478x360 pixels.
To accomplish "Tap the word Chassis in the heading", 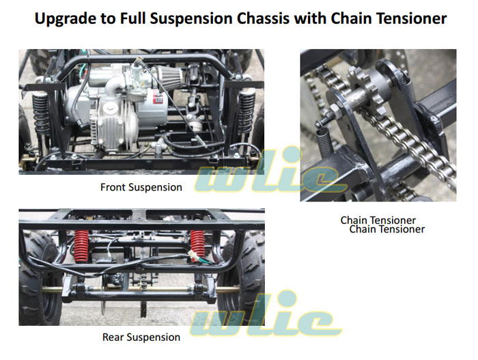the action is [263, 18].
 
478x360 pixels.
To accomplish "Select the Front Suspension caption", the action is [141, 187].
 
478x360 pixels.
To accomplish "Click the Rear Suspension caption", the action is [141, 337].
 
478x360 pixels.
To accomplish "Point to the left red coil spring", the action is [81, 246].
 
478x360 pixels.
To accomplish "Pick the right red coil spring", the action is [197, 243].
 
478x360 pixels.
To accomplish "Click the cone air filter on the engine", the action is [171, 77].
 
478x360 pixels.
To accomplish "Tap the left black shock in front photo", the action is [41, 114].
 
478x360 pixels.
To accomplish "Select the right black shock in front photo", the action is [247, 111].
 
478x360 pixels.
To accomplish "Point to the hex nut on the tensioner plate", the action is [335, 109].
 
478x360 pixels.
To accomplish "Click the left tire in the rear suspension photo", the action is [38, 277].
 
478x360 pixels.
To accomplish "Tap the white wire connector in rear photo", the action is [193, 254].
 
